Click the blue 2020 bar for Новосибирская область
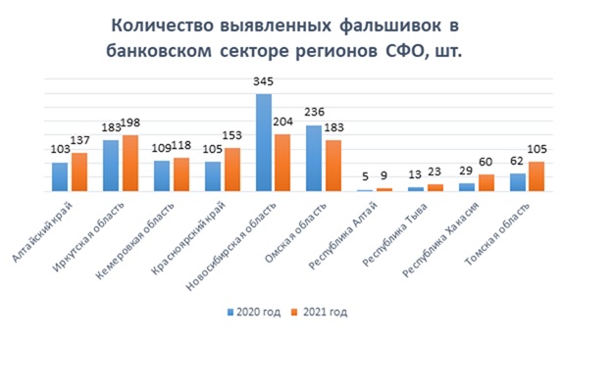(x=264, y=143)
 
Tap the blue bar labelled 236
(x=314, y=159)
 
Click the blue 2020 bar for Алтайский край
(x=60, y=176)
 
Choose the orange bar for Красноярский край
(x=232, y=170)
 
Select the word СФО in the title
(x=402, y=50)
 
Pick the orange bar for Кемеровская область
(x=181, y=174)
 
